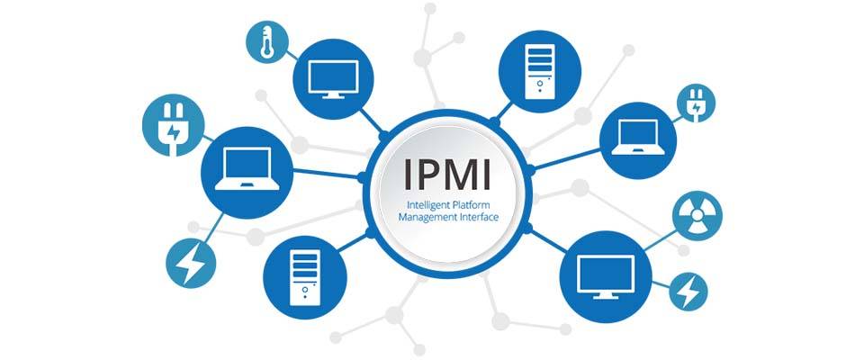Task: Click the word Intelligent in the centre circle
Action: click(427, 205)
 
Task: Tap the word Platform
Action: click(470, 204)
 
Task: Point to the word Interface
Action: click(479, 217)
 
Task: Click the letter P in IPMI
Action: click(426, 173)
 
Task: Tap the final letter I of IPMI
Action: click(484, 173)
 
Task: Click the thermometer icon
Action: click(266, 41)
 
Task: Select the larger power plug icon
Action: click(173, 125)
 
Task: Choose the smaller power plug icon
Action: click(696, 103)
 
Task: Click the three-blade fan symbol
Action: click(697, 214)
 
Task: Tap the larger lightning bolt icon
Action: click(191, 263)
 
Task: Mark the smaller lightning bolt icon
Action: click(688, 291)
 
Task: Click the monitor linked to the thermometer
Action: click(333, 79)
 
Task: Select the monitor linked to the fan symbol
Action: click(606, 277)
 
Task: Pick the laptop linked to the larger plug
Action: click(247, 173)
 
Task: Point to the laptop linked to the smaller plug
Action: click(637, 140)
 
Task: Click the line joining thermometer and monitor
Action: click(292, 56)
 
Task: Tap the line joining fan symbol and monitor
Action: click(660, 241)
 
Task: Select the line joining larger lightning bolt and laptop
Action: click(212, 227)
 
